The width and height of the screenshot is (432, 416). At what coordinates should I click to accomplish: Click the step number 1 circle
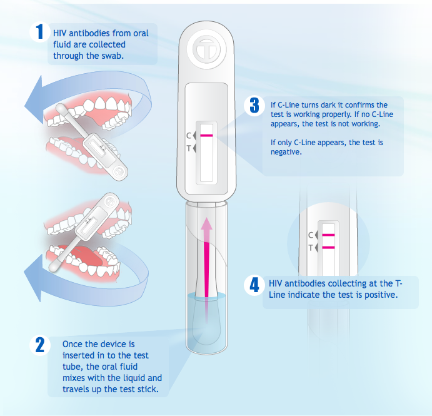pos(40,32)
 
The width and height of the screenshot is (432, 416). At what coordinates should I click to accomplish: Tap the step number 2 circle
pos(40,345)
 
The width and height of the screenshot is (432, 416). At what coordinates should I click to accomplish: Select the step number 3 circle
pos(254,106)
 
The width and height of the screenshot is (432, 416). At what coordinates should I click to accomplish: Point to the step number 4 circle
pos(254,285)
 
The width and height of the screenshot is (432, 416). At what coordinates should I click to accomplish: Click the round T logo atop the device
pos(206,49)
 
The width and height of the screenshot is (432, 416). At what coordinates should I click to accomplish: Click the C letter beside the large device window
pos(188,136)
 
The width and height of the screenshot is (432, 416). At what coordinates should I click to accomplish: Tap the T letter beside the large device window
pos(188,149)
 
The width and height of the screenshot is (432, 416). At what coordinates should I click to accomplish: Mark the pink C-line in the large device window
pos(206,135)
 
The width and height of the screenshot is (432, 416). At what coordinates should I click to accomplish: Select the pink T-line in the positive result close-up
pos(328,248)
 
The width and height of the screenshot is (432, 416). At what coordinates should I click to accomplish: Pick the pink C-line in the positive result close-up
pos(328,235)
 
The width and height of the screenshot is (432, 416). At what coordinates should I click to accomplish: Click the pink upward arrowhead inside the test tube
pos(206,224)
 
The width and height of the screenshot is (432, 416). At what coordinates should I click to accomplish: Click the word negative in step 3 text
pos(286,152)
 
